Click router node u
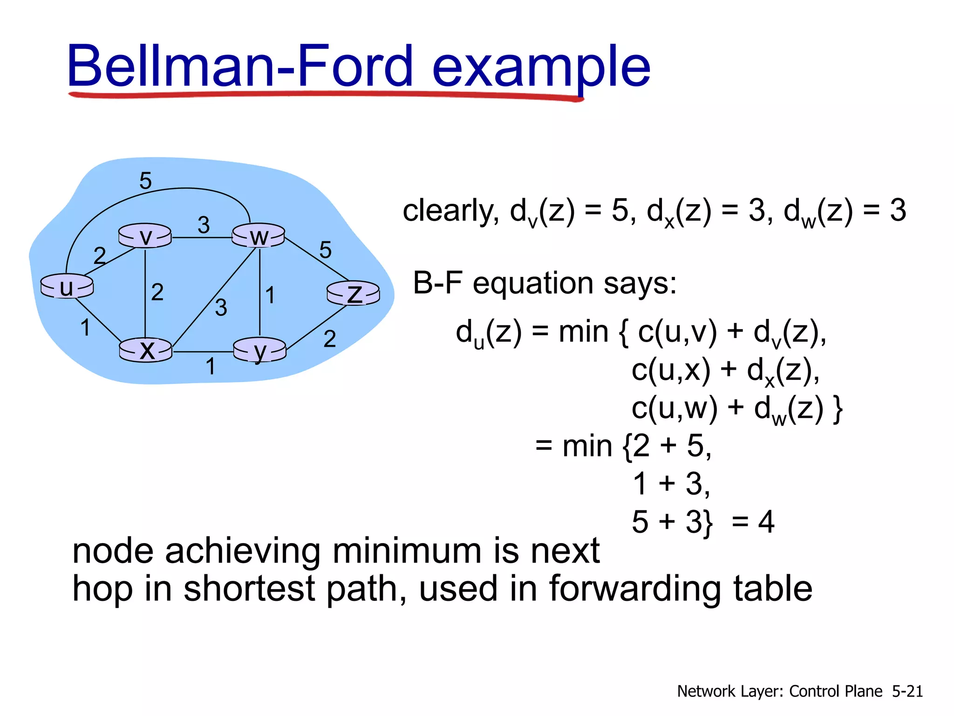pyautogui.click(x=67, y=286)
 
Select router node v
pyautogui.click(x=145, y=236)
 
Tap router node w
pyautogui.click(x=259, y=236)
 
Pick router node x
pyautogui.click(x=146, y=350)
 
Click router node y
pyautogui.click(x=259, y=350)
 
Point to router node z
pyautogui.click(x=353, y=293)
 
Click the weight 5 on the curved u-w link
pyautogui.click(x=145, y=180)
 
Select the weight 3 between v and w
pyautogui.click(x=204, y=225)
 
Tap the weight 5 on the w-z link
pyautogui.click(x=325, y=250)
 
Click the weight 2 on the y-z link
pyautogui.click(x=330, y=338)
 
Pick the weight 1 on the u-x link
pyautogui.click(x=85, y=327)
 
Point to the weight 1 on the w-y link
pyautogui.click(x=270, y=295)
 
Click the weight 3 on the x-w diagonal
pyautogui.click(x=221, y=308)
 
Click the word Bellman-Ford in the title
pyautogui.click(x=240, y=66)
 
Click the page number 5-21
pyautogui.click(x=907, y=691)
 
